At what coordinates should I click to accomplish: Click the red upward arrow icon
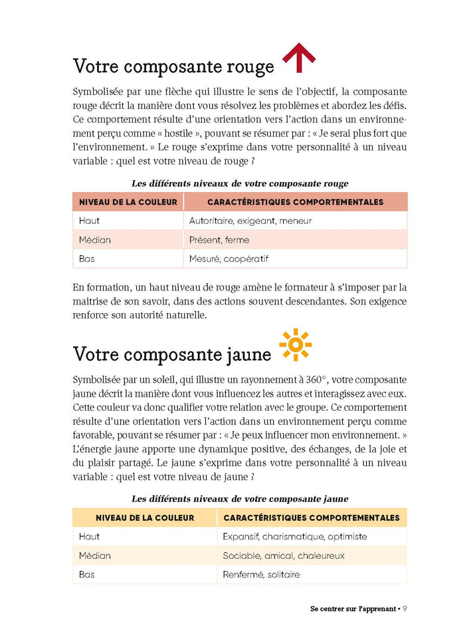click(299, 58)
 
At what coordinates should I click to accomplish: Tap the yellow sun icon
click(296, 345)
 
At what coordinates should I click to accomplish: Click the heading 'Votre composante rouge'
click(173, 66)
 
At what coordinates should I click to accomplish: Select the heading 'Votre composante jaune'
click(172, 354)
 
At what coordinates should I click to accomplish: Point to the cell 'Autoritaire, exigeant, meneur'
click(250, 221)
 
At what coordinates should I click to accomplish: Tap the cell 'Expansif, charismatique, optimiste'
click(294, 536)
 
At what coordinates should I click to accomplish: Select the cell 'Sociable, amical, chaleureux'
click(284, 556)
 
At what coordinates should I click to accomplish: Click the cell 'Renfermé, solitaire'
click(261, 574)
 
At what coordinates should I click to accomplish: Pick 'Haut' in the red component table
click(89, 221)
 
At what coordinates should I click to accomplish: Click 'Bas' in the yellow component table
click(86, 574)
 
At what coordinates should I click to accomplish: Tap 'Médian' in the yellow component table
click(94, 556)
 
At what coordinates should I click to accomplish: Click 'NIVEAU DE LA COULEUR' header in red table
click(128, 202)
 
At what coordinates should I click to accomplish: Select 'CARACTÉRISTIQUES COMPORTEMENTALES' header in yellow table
click(312, 518)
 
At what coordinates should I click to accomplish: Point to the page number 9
click(405, 608)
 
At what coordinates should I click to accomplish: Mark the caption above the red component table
click(240, 183)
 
